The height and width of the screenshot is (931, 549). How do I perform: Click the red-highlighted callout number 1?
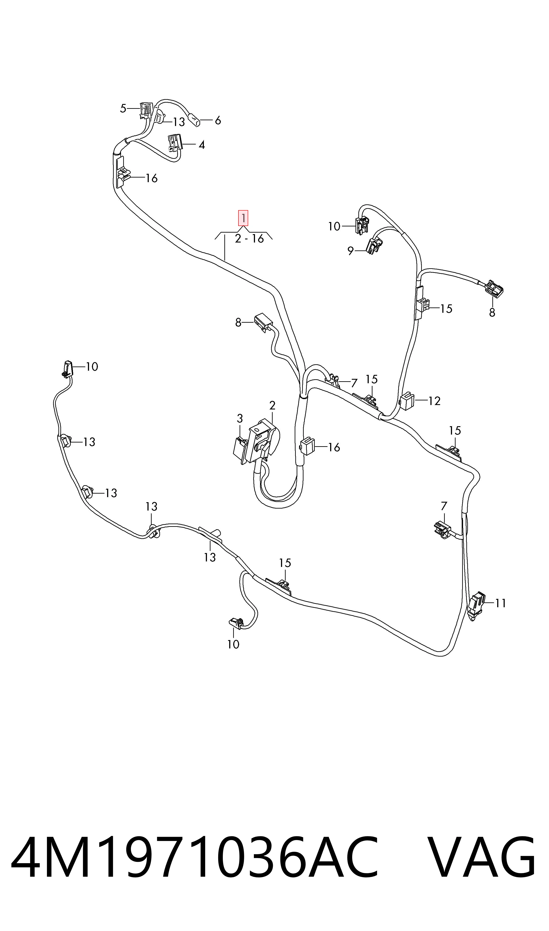(x=243, y=218)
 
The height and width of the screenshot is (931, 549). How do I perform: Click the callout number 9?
(x=350, y=251)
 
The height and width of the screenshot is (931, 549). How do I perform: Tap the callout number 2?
(x=272, y=405)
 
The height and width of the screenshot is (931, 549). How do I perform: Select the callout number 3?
(x=240, y=418)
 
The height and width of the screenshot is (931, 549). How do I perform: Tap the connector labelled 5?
(x=145, y=111)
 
